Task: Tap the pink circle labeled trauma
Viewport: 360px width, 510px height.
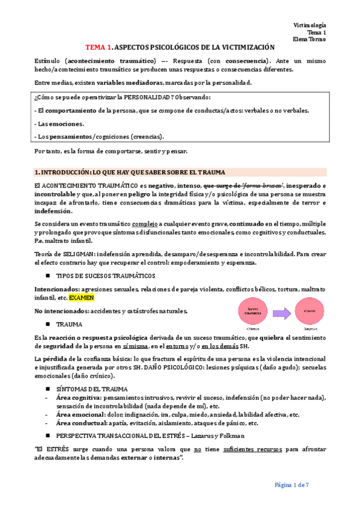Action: coord(310,312)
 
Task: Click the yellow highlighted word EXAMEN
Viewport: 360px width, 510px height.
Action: coord(81,298)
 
